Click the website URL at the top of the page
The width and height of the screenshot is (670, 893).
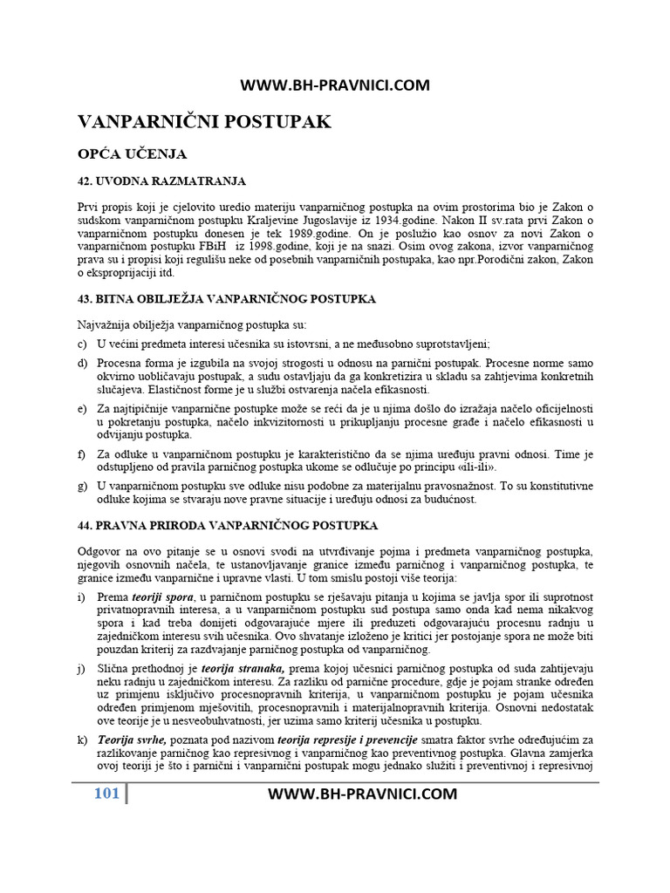tap(335, 85)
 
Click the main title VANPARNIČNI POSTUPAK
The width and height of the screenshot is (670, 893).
tap(205, 121)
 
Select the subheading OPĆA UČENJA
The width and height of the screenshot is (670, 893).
tap(133, 153)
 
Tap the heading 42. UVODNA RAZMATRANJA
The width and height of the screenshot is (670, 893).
tap(162, 181)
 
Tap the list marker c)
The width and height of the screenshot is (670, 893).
tap(83, 344)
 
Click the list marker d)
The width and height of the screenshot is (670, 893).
tap(83, 363)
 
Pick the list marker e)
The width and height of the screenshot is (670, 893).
tap(83, 408)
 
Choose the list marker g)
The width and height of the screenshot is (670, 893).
tap(83, 486)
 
